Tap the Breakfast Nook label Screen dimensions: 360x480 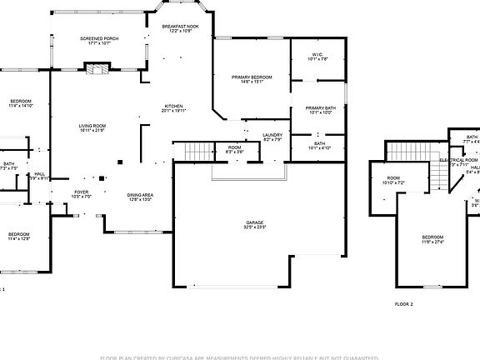pos(181,28)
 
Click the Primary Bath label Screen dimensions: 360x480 pos(320,110)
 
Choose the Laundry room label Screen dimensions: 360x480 pos(272,137)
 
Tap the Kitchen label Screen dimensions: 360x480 pos(173,108)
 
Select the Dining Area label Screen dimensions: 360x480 pos(140,197)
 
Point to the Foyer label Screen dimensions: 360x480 pos(82,194)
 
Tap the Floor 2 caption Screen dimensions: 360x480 pos(404,305)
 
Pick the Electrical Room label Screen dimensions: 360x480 pos(458,161)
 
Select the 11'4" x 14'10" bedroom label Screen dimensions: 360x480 pos(20,103)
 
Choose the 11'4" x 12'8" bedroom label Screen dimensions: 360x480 pos(19,237)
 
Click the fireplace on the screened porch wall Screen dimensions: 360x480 pos(98,70)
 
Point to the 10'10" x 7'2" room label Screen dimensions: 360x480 pos(392,179)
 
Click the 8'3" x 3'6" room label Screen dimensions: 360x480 pos(235,150)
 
